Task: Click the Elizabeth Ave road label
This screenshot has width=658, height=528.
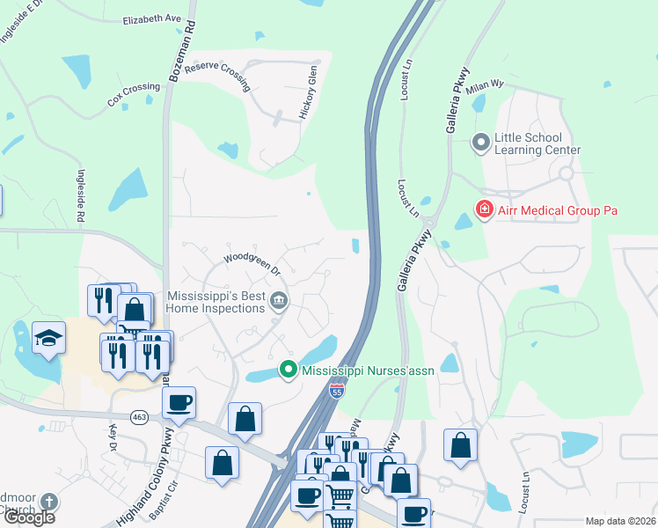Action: (151, 18)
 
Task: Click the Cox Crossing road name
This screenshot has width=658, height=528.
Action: (134, 94)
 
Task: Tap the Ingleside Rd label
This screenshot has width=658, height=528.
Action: (80, 195)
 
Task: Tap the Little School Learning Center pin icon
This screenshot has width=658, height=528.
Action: (480, 142)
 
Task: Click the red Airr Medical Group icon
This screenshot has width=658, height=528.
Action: (483, 209)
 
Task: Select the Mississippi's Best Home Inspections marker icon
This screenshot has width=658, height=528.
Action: (279, 301)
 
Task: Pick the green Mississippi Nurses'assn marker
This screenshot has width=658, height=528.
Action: (287, 370)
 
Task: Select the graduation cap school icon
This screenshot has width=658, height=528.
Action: (48, 337)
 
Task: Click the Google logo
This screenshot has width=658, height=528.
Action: (29, 517)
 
